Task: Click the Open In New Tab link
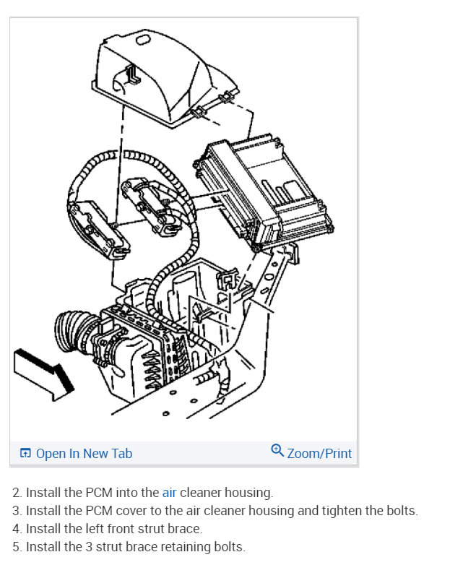(x=84, y=454)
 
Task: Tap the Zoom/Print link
(x=319, y=454)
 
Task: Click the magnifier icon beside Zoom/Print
(x=277, y=451)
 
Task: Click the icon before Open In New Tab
(x=25, y=454)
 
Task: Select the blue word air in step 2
(x=169, y=493)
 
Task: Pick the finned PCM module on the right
(x=264, y=191)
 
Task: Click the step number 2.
(x=16, y=493)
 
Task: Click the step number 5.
(x=16, y=547)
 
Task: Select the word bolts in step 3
(x=401, y=511)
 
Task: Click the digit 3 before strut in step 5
(x=88, y=547)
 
